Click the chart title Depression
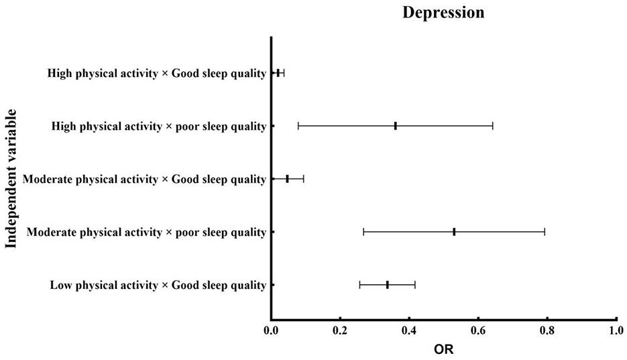click(443, 13)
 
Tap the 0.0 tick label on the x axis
click(271, 331)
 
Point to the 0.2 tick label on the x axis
click(340, 331)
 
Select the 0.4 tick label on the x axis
click(409, 331)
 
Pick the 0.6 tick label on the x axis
click(478, 331)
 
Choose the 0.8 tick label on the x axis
click(547, 331)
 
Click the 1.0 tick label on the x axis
click(616, 331)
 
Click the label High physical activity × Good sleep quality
click(157, 73)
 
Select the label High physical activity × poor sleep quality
click(159, 126)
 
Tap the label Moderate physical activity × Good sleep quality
click(144, 179)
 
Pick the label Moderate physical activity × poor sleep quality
click(146, 233)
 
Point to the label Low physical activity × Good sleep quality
click(158, 286)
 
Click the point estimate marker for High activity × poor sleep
click(396, 125)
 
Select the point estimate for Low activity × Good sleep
click(388, 285)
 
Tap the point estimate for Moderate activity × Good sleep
click(287, 179)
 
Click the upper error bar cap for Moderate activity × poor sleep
click(545, 232)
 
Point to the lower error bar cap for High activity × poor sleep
click(298, 125)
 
